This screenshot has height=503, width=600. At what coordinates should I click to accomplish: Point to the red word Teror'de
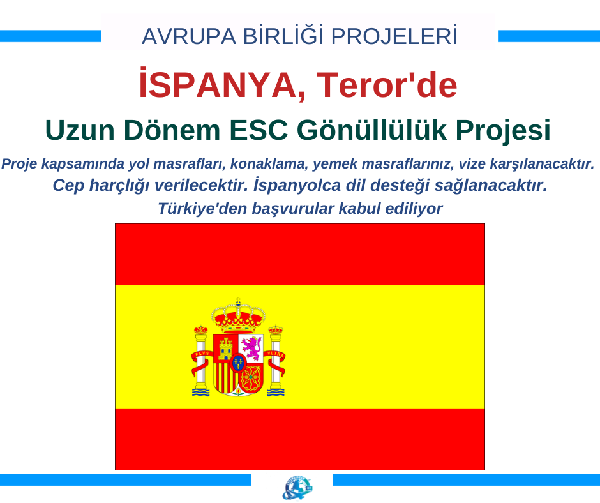[x=387, y=85]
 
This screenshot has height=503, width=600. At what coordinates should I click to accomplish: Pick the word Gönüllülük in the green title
[x=372, y=130]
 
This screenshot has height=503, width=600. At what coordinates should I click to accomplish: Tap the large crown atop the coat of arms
[x=238, y=315]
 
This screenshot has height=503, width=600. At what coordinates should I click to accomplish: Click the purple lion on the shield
[x=251, y=348]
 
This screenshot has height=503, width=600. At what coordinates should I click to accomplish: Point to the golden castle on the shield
[x=226, y=349]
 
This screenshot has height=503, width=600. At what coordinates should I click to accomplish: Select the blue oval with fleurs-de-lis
[x=238, y=362]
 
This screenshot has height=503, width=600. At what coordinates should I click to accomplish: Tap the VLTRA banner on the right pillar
[x=274, y=354]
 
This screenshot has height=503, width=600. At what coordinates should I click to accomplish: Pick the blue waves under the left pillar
[x=200, y=392]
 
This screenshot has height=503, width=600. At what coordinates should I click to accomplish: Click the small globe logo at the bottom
[x=297, y=488]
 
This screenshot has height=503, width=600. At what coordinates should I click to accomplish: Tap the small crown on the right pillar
[x=276, y=329]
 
